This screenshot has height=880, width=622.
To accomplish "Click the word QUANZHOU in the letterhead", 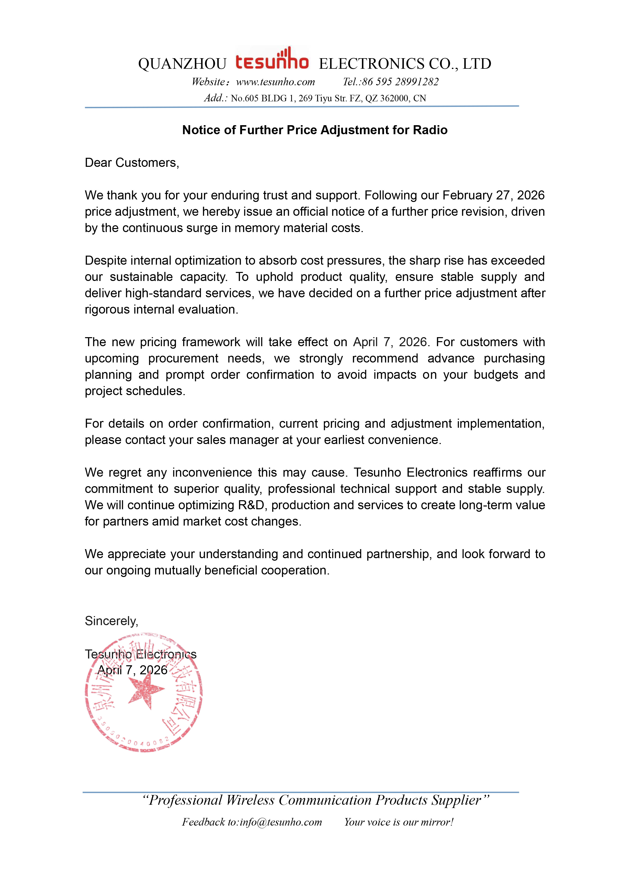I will (182, 64).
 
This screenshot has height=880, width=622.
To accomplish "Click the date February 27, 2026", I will (493, 195).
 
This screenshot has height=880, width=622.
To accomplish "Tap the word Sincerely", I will (111, 621).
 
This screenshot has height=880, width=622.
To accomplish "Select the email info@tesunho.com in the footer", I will (281, 822).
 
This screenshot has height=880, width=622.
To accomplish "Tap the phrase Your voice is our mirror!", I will (399, 822).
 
